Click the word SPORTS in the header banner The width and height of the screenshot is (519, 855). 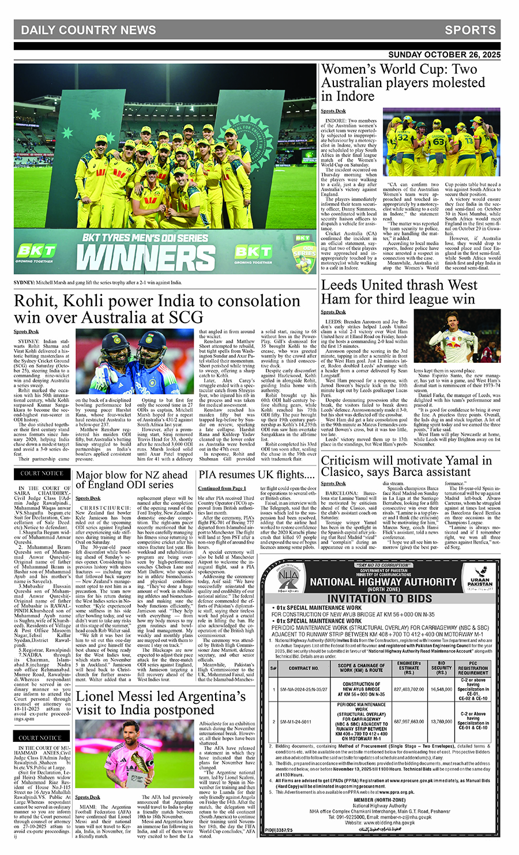point(470,31)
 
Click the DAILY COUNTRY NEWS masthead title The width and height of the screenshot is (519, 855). point(88,31)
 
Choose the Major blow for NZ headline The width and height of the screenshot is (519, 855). point(132,479)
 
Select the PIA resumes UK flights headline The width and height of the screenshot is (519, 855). point(257,475)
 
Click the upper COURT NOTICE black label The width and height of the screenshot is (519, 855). point(42,474)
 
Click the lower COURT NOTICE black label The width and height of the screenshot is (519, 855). point(40,738)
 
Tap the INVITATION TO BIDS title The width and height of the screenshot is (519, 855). point(380,598)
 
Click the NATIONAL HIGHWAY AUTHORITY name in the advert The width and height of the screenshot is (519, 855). point(383,582)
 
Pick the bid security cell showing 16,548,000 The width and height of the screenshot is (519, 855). point(442,689)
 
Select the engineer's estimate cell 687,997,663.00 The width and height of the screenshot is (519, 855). point(409,721)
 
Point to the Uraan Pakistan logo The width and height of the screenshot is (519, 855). point(480,577)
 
